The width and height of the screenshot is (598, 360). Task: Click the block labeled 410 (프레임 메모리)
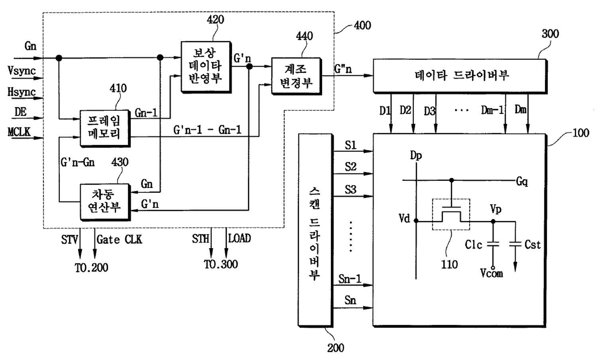[x=105, y=128]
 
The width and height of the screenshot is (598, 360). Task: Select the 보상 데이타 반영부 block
[x=206, y=67]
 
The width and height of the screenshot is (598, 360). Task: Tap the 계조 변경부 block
[x=296, y=76]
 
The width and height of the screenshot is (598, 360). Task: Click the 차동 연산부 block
[x=105, y=202]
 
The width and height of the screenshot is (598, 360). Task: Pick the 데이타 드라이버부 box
[x=460, y=76]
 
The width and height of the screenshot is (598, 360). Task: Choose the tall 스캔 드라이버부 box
[x=315, y=230]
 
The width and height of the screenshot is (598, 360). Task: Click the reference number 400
[x=362, y=26]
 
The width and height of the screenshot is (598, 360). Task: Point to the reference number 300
[x=550, y=34]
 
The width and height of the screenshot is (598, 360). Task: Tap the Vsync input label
[x=22, y=71]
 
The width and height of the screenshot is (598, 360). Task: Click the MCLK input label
[x=19, y=132]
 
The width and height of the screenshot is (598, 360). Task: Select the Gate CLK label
[x=119, y=240]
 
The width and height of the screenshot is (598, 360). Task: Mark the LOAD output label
[x=240, y=238]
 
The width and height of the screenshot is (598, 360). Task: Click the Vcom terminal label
[x=491, y=273]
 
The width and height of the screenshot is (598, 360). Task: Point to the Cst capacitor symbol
[x=515, y=244]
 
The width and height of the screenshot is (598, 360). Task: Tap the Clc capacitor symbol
[x=493, y=244]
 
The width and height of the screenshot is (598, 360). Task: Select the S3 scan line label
[x=351, y=190]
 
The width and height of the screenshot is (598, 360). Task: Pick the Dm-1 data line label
[x=492, y=110]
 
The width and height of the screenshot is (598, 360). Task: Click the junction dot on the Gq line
[x=451, y=180]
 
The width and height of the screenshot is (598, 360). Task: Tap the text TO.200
[x=92, y=267]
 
